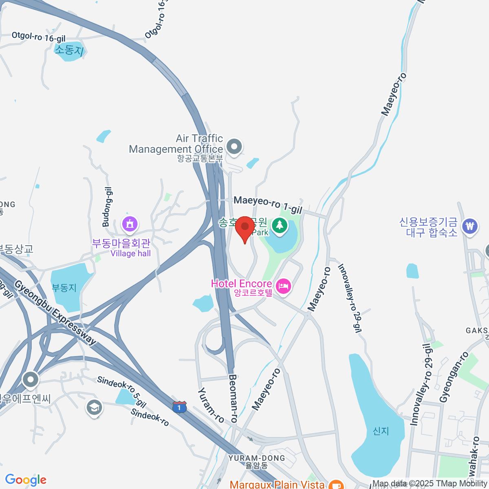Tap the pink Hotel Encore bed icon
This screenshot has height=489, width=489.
283,286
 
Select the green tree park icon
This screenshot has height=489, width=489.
280,225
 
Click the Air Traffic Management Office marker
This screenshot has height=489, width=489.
234,147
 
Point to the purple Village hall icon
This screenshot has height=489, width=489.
130,224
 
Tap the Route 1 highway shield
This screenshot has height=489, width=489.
179,407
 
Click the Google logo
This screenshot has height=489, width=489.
26,480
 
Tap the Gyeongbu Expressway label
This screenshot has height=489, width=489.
55,312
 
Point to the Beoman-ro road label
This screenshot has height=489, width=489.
233,398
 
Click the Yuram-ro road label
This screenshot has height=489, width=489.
211,405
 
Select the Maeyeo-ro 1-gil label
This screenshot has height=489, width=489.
268,205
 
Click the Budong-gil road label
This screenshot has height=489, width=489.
107,207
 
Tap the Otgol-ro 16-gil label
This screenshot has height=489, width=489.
38,37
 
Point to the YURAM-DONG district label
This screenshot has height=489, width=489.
257,458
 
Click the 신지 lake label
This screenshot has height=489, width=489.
381,431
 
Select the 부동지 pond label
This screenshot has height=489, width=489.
64,288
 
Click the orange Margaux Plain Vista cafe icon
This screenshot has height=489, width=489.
336,485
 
